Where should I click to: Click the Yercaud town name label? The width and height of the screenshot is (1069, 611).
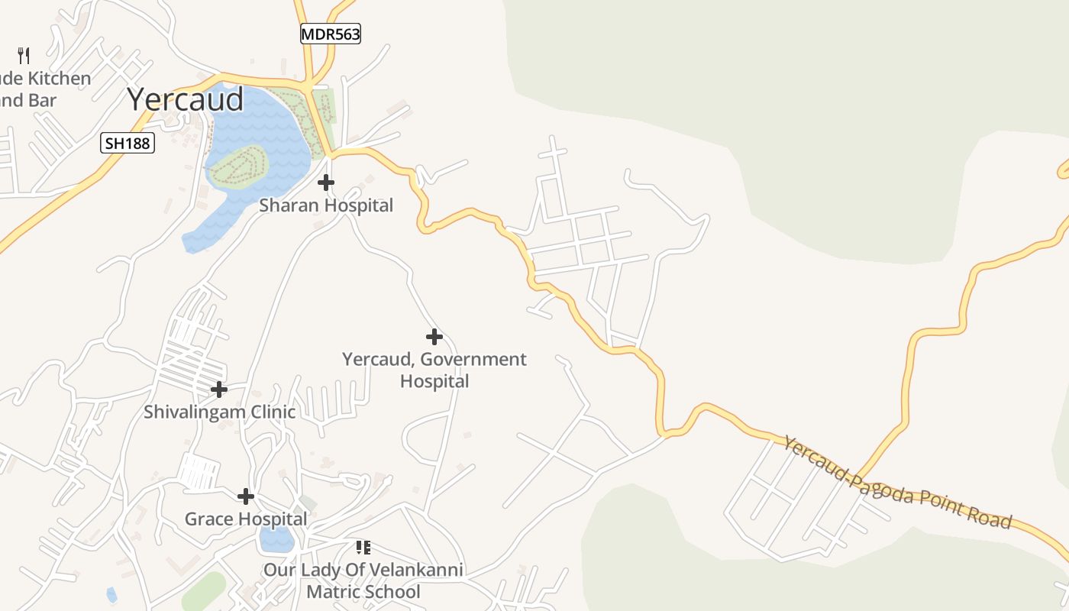pos(186,99)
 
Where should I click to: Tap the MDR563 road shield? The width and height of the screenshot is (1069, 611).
pos(330,34)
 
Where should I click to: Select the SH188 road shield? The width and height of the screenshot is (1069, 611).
pos(128,143)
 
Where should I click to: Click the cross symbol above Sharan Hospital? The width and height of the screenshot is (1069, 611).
pos(326,183)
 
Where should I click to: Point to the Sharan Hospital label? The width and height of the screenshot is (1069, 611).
pos(326,205)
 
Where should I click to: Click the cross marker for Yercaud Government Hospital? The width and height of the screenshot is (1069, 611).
pos(434,336)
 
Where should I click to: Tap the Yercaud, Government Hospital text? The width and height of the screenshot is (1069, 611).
pos(434,370)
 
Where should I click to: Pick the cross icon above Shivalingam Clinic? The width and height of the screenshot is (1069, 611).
pos(219,390)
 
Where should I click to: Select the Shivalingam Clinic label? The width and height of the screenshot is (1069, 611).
pos(219,412)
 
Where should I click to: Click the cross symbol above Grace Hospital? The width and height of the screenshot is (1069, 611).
pos(245,496)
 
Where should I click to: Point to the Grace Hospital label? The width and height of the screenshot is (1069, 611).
pos(245,519)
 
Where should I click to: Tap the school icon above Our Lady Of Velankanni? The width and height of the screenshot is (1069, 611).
pos(363,547)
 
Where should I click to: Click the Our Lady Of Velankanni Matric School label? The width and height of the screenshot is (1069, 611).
pos(363,580)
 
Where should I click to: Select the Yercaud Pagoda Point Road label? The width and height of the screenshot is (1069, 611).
pos(897,483)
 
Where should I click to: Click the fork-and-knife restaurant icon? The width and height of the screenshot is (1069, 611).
pos(24,55)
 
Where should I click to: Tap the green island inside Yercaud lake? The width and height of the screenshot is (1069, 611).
pos(238,165)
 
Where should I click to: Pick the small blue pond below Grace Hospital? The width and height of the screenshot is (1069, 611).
pos(276,539)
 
